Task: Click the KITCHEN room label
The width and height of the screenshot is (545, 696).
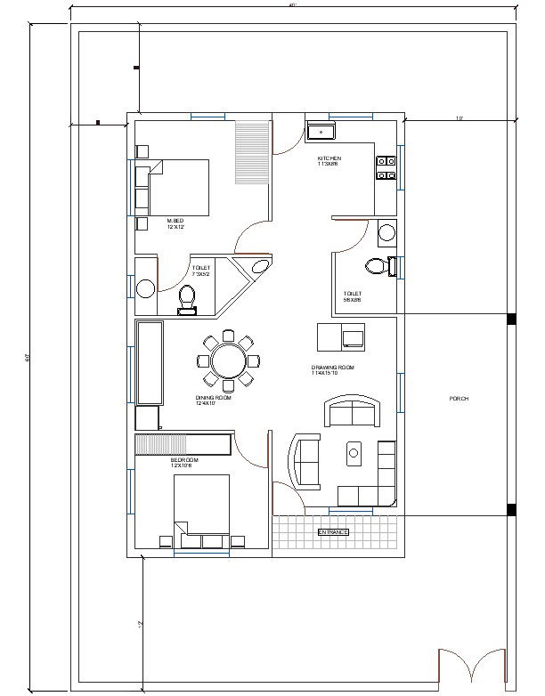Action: [x=329, y=158]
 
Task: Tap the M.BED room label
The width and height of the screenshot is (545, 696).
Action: [x=175, y=221]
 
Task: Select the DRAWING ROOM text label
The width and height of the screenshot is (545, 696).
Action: [x=332, y=368]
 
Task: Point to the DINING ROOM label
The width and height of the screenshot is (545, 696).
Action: [x=213, y=399]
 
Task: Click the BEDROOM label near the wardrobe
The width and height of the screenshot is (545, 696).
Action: [x=184, y=460]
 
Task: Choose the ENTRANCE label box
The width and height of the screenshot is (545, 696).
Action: [x=333, y=531]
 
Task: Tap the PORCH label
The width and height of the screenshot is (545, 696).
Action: [x=459, y=399]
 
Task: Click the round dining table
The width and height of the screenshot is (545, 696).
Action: [x=228, y=360]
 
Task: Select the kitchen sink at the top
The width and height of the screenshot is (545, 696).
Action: [x=321, y=133]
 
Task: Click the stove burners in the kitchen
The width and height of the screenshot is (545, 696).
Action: [x=386, y=167]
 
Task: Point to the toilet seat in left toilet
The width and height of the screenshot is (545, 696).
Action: [x=187, y=298]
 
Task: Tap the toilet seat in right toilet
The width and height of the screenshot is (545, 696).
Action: [x=378, y=264]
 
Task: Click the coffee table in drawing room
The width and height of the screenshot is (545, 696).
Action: [x=354, y=453]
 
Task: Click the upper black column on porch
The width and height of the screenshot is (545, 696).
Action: [x=511, y=319]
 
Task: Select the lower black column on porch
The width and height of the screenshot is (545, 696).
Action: [x=511, y=509]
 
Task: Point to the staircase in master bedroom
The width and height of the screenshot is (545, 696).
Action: [x=252, y=153]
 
